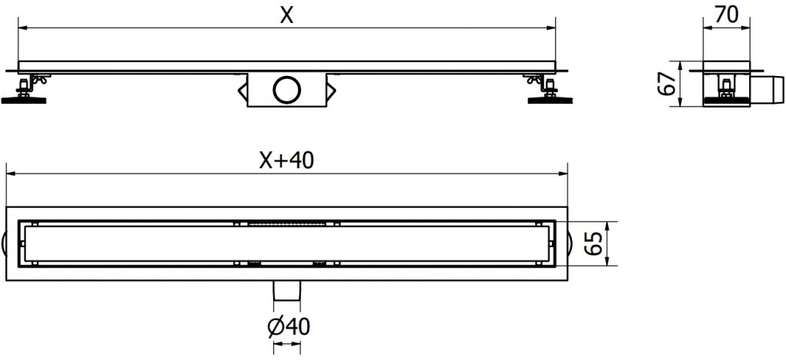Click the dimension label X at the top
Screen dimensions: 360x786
(x=286, y=15)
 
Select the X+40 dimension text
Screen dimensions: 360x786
(x=286, y=160)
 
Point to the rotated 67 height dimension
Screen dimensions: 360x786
(x=669, y=83)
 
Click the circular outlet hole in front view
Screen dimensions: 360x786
(x=286, y=90)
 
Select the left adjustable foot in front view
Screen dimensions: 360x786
(x=26, y=91)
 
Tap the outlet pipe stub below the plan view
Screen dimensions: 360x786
(x=286, y=290)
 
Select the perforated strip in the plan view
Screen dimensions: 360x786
(x=287, y=223)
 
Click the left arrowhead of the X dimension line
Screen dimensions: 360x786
(x=23, y=28)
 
